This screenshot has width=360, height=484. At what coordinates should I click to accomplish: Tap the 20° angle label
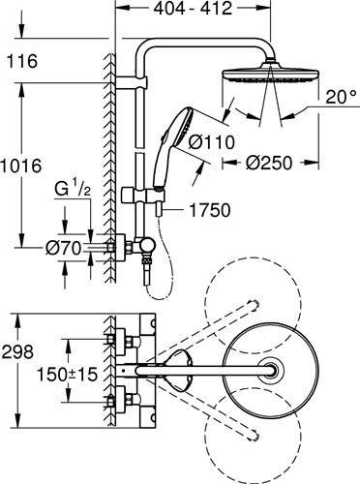[334, 98]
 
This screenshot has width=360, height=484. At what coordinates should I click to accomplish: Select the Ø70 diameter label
[63, 248]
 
